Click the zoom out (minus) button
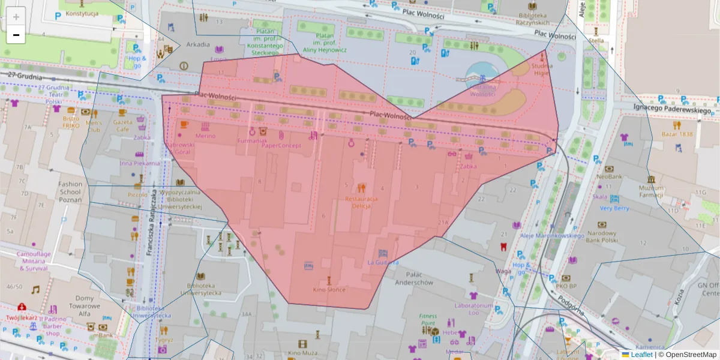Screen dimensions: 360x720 click(16, 35)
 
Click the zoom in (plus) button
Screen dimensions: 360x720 click(16, 16)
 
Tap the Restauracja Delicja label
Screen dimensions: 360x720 click(361, 202)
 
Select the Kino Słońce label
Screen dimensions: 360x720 click(328, 289)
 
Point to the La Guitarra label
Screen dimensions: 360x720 click(383, 262)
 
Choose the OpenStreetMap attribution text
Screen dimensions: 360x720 click(688, 355)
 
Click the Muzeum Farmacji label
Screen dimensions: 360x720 click(651, 191)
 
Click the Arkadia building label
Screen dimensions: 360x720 click(198, 44)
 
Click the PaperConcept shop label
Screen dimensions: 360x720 click(281, 145)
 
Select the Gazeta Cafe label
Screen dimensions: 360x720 click(122, 125)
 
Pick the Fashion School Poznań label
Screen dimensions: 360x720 click(70, 192)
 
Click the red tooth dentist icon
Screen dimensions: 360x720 click(503, 246)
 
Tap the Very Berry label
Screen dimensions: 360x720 click(614, 208)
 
